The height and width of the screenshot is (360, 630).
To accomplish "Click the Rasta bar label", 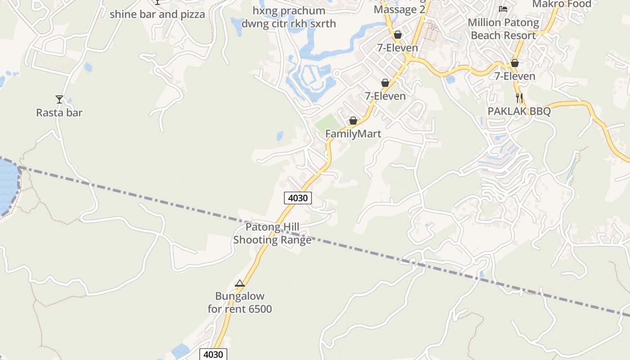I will pos(59,112).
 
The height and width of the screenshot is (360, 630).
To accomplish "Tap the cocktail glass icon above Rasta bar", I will pos(59,99).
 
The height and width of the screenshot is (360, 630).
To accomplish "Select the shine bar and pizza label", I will pos(157,14).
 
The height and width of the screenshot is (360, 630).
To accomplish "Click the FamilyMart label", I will pos(353,134).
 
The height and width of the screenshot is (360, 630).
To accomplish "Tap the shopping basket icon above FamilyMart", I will pos(353,121).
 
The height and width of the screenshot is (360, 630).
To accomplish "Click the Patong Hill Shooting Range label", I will pos(272,234).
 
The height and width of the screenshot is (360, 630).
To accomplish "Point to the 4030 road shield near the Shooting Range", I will pos(298,198).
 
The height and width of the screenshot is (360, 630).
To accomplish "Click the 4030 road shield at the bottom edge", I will pos(213,354).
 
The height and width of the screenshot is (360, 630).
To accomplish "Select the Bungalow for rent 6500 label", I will pos(240,302).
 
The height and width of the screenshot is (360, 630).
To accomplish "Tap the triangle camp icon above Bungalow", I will pos(240,283).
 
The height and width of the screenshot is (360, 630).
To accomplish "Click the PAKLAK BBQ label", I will pos(519,111).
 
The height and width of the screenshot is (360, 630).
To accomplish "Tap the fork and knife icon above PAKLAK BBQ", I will pos(519,98).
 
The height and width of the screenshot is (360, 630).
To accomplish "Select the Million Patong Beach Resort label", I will pos(503,29).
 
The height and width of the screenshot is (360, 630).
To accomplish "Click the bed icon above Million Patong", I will pos(503,9).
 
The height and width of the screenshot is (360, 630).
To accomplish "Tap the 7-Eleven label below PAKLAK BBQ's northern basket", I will pos(515,76).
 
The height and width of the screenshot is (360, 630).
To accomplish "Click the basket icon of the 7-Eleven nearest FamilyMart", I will pos(385,83).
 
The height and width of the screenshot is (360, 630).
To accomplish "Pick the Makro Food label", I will pos(562,4).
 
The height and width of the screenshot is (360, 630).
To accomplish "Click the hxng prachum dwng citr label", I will pos(289,17).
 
